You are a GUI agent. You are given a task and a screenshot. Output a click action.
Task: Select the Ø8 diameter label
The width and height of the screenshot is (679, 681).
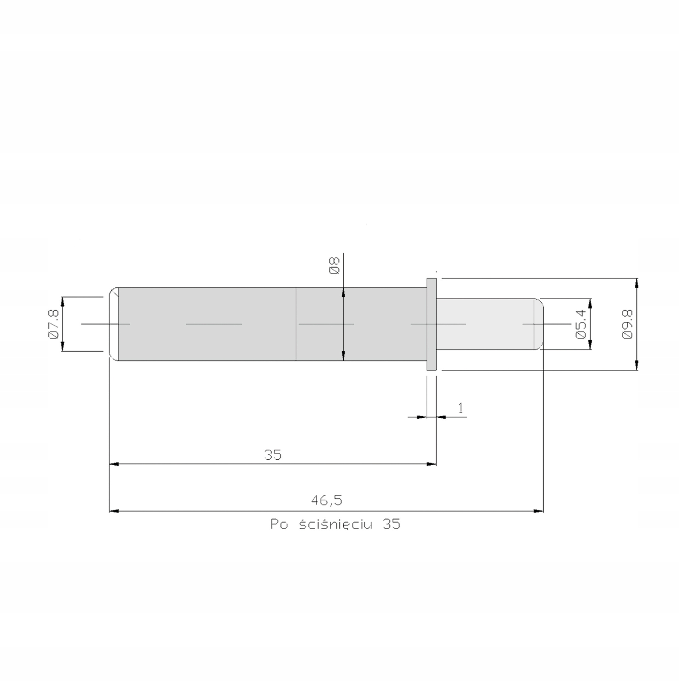334,266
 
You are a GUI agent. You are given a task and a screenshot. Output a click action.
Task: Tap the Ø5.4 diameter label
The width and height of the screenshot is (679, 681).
581,324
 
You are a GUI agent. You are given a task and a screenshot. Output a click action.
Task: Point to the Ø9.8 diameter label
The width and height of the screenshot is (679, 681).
627,324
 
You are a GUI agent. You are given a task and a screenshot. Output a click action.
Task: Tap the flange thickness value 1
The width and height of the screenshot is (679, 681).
460,408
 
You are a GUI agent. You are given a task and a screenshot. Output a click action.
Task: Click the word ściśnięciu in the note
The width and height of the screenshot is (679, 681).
335,525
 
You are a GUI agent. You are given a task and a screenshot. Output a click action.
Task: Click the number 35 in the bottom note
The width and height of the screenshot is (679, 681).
391,525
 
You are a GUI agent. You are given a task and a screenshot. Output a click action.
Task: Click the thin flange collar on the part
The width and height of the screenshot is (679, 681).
431,324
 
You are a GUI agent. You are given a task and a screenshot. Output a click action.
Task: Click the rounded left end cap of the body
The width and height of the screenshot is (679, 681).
113,324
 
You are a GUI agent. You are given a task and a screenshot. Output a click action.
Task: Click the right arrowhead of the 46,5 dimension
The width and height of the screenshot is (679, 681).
539,511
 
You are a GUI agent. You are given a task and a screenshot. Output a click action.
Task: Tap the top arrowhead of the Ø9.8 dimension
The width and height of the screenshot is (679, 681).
636,283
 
